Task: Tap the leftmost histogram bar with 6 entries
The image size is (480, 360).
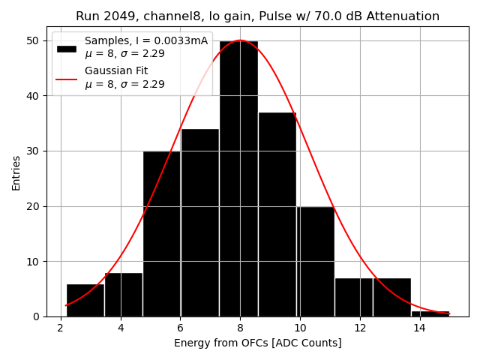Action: pyautogui.click(x=85, y=300)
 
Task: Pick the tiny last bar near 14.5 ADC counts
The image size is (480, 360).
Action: pyautogui.click(x=430, y=313)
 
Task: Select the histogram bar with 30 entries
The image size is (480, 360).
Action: pyautogui.click(x=162, y=233)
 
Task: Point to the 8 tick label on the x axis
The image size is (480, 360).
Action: pyautogui.click(x=240, y=328)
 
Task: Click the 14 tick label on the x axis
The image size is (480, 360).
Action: pyautogui.click(x=419, y=328)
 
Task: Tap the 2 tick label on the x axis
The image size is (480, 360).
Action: pyautogui.click(x=61, y=328)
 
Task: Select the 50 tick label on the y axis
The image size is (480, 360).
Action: pyautogui.click(x=34, y=40)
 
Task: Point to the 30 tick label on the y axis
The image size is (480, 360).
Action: pyautogui.click(x=34, y=151)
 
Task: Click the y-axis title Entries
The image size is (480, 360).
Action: pyautogui.click(x=16, y=172)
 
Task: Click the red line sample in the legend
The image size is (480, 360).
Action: pyautogui.click(x=67, y=78)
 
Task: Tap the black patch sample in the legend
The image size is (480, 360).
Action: pyautogui.click(x=67, y=48)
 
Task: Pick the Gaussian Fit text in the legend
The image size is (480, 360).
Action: pyautogui.click(x=116, y=71)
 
